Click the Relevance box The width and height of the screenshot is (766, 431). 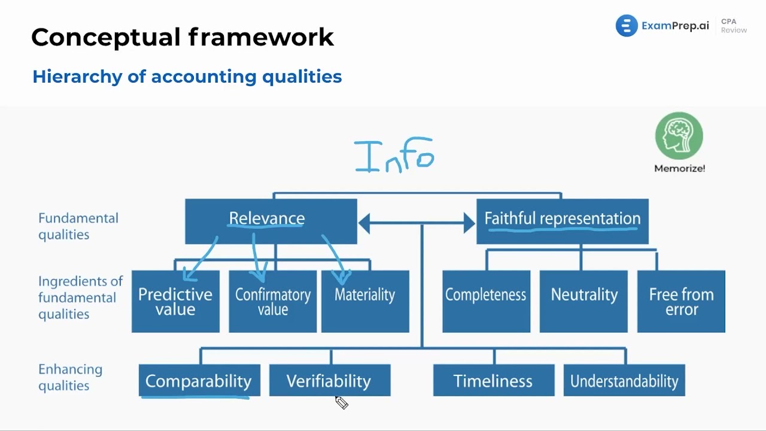point(270,221)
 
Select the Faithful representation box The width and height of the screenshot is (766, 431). point(562,221)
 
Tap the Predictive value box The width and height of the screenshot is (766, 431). point(175,301)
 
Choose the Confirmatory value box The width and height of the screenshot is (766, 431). point(273,301)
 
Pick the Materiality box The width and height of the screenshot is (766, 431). point(365,301)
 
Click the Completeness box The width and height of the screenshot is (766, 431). point(486,301)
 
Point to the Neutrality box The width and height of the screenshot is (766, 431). point(583,301)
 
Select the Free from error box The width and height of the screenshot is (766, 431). point(681,301)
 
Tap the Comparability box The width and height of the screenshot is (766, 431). point(199,381)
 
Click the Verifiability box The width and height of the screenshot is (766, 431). point(329,381)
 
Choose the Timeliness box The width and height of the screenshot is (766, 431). point(493,381)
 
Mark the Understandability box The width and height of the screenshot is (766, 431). point(624,381)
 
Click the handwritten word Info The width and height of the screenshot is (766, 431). point(394,156)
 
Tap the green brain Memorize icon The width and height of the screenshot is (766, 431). point(679,136)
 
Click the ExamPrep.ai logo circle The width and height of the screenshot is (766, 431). point(627,26)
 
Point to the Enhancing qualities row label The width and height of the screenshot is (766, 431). point(70,377)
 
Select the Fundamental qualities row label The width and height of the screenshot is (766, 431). point(78,226)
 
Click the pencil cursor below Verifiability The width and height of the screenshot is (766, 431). point(341,403)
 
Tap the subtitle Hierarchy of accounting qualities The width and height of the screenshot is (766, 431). point(187,77)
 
